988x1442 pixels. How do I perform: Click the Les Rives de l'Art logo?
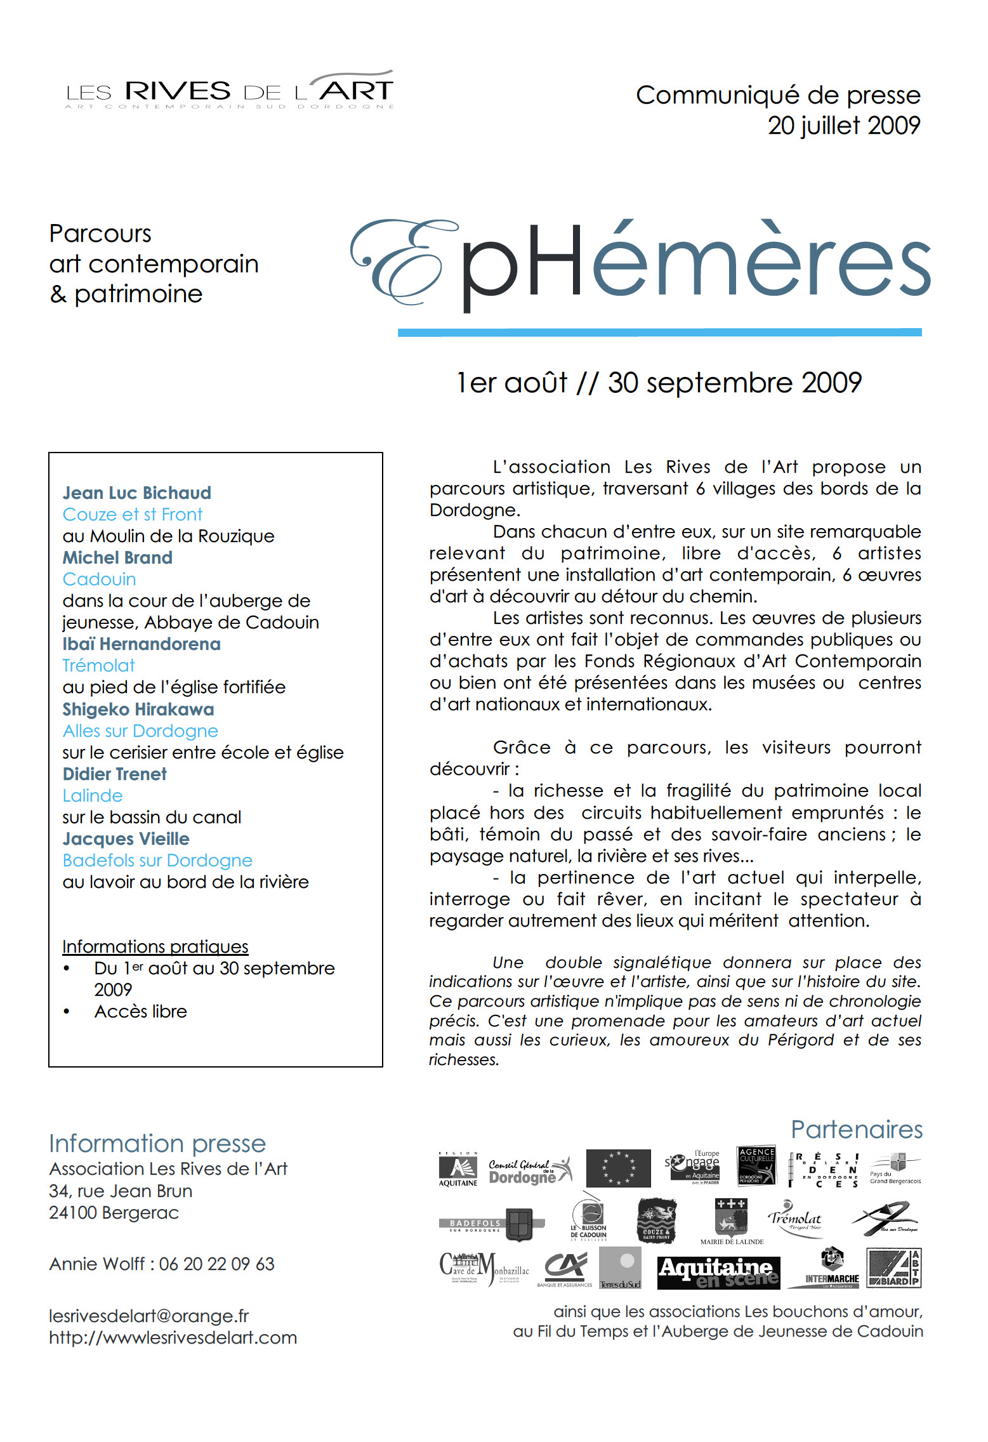[x=229, y=91]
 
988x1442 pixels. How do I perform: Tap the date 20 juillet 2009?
[x=843, y=126]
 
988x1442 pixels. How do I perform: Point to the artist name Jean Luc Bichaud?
[x=136, y=493]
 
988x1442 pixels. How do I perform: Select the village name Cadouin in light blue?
[x=99, y=579]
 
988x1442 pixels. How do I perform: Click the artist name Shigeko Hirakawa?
[x=138, y=710]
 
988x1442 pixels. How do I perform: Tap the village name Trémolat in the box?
[x=98, y=666]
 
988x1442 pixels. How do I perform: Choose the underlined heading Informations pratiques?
[x=155, y=947]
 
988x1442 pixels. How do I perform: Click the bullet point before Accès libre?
[x=67, y=1012]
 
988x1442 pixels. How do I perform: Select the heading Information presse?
[x=157, y=1144]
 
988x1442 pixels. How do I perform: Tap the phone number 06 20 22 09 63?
[x=216, y=1264]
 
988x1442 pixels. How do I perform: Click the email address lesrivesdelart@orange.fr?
[x=148, y=1316]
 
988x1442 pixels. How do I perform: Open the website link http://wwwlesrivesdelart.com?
[x=173, y=1338]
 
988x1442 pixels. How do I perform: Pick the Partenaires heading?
[x=856, y=1130]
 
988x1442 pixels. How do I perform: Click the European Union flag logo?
[x=618, y=1168]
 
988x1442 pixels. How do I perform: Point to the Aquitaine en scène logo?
[x=718, y=1273]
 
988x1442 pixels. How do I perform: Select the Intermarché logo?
[x=831, y=1269]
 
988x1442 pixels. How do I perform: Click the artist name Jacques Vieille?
[x=126, y=839]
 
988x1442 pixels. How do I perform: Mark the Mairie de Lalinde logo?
[x=732, y=1222]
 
